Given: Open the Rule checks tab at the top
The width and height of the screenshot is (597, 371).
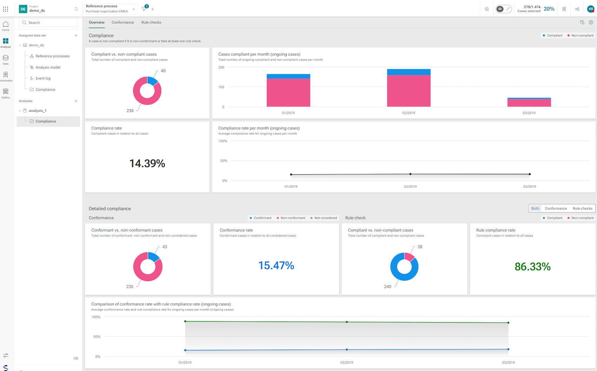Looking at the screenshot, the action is click(151, 22).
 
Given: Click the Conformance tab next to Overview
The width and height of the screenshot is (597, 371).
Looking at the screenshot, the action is click(123, 22).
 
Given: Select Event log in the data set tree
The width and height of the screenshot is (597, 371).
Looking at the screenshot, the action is click(43, 78).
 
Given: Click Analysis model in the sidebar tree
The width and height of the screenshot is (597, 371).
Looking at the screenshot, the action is click(48, 67).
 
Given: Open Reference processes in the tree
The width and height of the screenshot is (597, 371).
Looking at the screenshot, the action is click(53, 56).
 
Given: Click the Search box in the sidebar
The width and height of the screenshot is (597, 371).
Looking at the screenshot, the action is click(48, 23).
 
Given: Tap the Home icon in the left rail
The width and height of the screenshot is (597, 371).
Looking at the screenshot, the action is click(6, 25).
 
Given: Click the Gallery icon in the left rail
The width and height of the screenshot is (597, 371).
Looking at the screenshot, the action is click(6, 92).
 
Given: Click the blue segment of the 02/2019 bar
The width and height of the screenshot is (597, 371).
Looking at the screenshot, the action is click(408, 72).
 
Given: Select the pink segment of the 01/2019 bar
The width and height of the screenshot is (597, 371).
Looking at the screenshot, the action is click(288, 93).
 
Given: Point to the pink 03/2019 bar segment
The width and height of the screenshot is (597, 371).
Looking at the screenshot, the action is click(529, 103).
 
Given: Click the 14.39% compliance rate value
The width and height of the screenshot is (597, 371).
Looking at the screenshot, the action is click(147, 163).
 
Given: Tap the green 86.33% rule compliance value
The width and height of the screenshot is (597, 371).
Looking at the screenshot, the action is click(532, 267).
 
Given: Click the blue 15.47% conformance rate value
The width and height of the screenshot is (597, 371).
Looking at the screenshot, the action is click(276, 265).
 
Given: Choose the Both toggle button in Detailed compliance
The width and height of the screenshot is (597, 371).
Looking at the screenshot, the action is click(535, 208).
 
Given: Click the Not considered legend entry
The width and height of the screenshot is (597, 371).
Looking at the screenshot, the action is click(324, 218).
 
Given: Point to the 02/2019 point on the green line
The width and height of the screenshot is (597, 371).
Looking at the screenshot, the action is click(347, 322).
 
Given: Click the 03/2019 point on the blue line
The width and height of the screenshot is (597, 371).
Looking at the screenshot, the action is click(508, 349).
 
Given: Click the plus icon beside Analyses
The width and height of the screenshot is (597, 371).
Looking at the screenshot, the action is click(76, 101).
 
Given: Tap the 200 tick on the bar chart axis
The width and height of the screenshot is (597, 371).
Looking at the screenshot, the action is click(221, 67).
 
